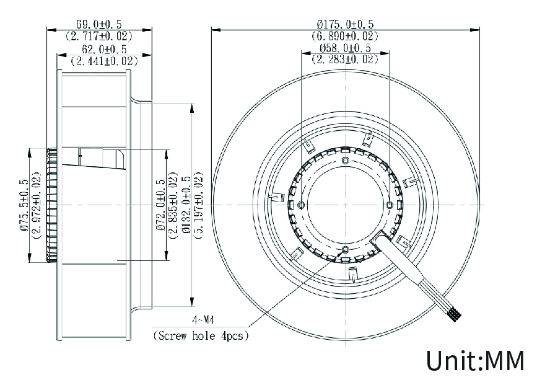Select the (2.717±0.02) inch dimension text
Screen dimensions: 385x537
point(99,36)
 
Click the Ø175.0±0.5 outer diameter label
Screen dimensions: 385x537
point(345,24)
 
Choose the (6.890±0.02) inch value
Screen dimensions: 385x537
point(345,36)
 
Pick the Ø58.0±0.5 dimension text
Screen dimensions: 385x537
point(345,48)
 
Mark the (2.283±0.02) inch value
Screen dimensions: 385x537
point(345,60)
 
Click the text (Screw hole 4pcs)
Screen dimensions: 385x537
point(201,337)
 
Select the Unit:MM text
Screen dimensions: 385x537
point(474,360)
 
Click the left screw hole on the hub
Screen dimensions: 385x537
point(301,205)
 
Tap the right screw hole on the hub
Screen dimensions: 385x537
point(389,205)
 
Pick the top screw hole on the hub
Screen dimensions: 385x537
point(346,161)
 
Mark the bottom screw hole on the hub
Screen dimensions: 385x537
point(346,250)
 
